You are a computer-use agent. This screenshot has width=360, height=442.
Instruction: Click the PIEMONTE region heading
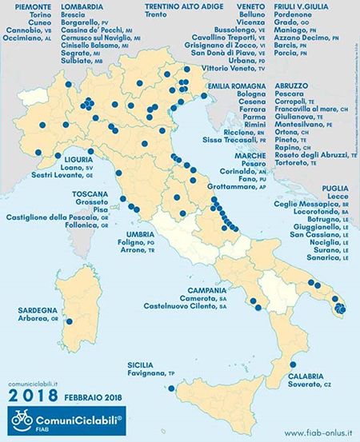26,6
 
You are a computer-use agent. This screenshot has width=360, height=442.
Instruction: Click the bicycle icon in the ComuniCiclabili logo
22,420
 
